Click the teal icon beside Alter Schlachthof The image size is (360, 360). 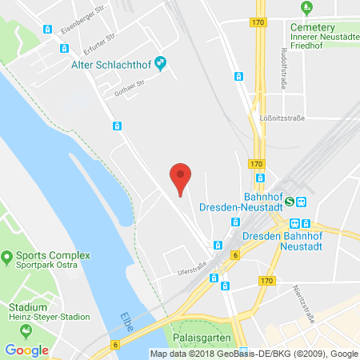[161, 62]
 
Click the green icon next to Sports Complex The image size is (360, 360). [8, 258]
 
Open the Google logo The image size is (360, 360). [26, 350]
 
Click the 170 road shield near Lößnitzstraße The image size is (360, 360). [256, 164]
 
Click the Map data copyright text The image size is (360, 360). [254, 354]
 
